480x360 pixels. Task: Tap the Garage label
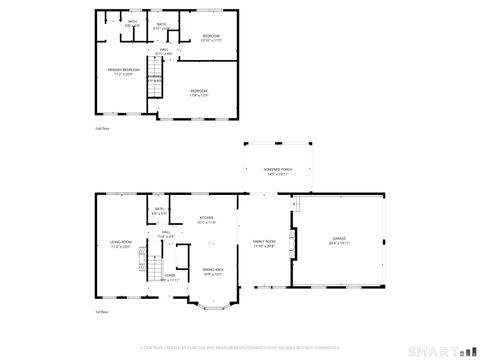(x=339, y=241)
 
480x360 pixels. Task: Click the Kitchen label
(x=206, y=220)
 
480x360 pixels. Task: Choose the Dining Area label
(x=213, y=271)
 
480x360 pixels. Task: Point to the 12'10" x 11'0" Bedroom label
(x=211, y=38)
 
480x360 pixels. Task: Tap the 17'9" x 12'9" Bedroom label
(x=199, y=94)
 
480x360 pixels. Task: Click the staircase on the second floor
(x=155, y=78)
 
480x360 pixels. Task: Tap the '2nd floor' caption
(x=102, y=129)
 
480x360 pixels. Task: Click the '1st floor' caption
(x=102, y=313)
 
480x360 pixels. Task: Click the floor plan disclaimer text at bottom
(x=240, y=347)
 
